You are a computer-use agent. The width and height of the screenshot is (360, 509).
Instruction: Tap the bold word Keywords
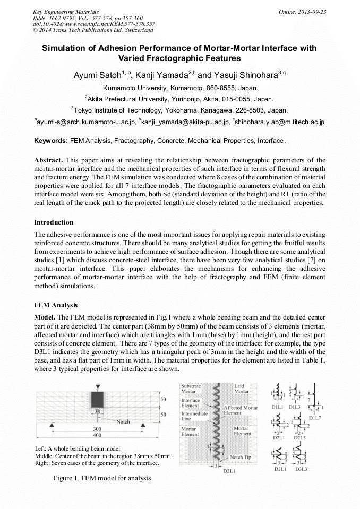(x=50, y=141)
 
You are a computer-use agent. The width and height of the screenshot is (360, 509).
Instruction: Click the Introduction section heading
(x=54, y=222)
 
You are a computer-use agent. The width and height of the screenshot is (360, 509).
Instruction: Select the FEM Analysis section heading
(x=56, y=305)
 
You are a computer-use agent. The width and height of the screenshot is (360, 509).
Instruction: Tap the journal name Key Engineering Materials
(x=65, y=12)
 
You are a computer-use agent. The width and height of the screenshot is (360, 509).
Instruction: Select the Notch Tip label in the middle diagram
(x=244, y=457)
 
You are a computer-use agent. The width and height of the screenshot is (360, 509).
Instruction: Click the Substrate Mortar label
(x=191, y=389)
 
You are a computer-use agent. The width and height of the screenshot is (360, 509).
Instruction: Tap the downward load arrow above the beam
(x=97, y=386)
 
